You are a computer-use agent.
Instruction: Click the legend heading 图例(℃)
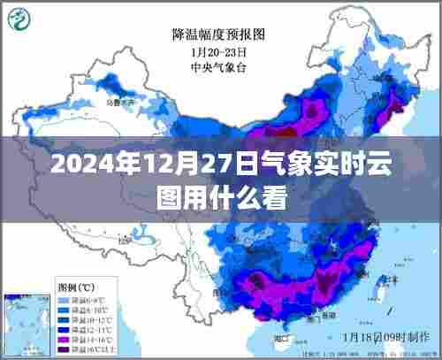(x=77, y=287)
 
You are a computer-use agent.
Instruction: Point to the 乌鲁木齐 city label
(x=116, y=103)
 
